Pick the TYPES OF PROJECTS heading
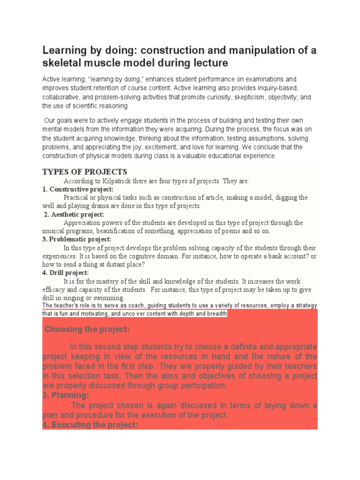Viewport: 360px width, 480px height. [x=84, y=172]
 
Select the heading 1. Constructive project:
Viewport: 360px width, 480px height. [x=78, y=189]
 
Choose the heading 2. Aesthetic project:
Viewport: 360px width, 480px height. [x=74, y=214]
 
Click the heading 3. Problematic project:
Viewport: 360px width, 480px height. [x=77, y=240]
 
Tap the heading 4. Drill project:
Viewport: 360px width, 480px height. [x=65, y=273]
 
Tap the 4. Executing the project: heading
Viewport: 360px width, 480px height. [x=90, y=425]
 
